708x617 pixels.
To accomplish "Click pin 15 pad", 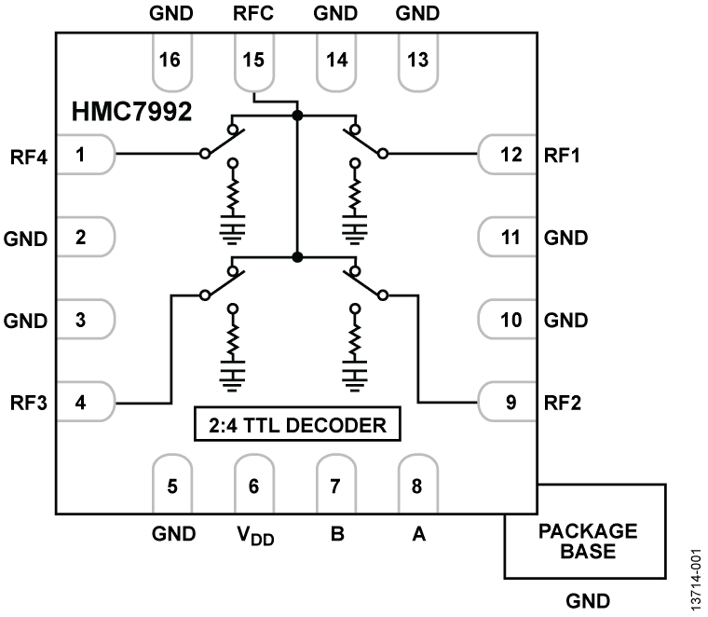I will (x=254, y=62).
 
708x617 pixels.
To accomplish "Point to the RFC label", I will (x=254, y=15).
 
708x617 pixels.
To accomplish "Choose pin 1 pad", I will (x=84, y=154).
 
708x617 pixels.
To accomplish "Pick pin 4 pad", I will (x=84, y=403).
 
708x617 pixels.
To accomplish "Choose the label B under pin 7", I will (x=336, y=535).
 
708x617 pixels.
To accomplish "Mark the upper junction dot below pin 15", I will (x=297, y=116).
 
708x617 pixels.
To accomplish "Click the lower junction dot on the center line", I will (x=297, y=256).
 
